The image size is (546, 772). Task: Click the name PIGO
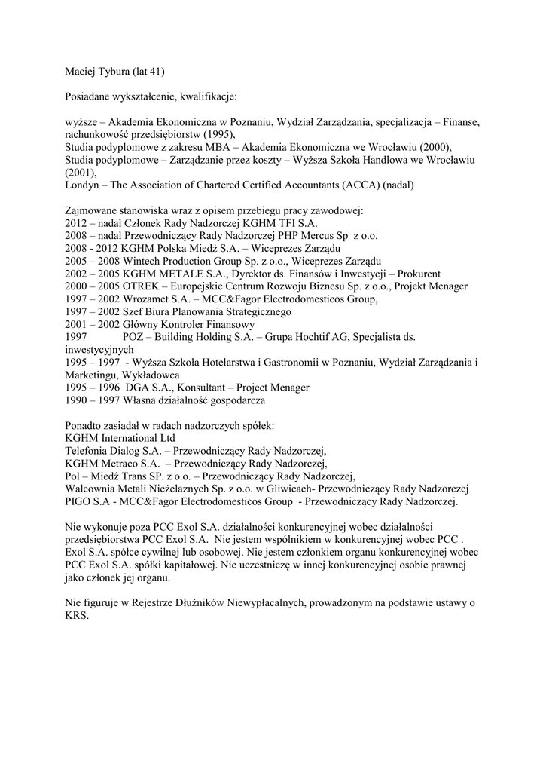click(x=81, y=501)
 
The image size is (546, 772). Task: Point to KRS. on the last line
click(x=78, y=615)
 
